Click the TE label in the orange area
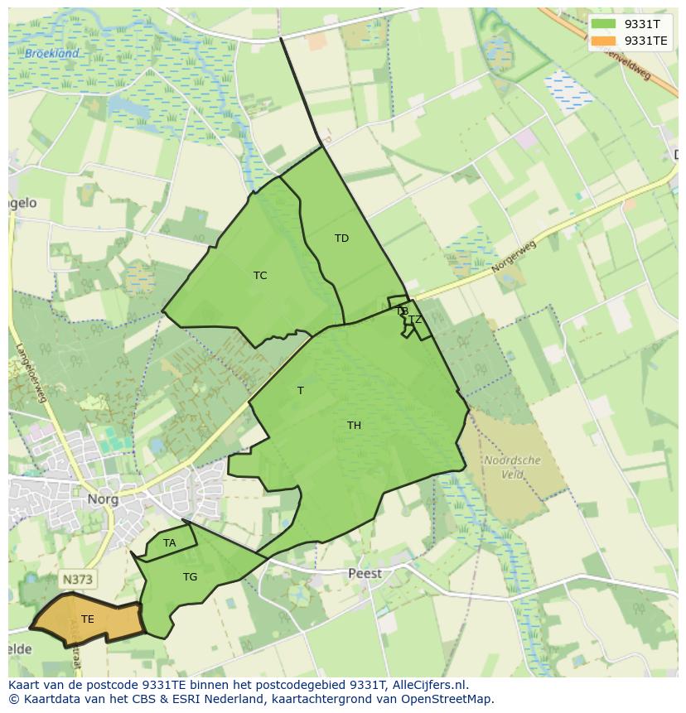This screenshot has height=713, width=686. (88, 619)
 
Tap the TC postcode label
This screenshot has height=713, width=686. (260, 276)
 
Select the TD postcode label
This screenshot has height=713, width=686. (341, 238)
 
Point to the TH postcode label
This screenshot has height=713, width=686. (354, 426)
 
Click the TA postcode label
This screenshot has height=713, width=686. (169, 543)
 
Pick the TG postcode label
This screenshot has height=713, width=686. (190, 577)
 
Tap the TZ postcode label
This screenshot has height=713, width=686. (415, 320)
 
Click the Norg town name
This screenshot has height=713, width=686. (103, 499)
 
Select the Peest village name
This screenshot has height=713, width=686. (365, 573)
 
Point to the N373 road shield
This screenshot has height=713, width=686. (76, 579)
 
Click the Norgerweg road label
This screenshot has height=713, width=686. (513, 258)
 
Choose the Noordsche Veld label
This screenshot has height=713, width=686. (512, 467)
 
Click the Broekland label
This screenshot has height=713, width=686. (51, 54)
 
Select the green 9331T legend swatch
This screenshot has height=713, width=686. (603, 24)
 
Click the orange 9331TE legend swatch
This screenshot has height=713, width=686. (603, 41)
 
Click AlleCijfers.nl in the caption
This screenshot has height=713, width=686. (425, 685)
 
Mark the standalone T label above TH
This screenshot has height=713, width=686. (300, 390)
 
